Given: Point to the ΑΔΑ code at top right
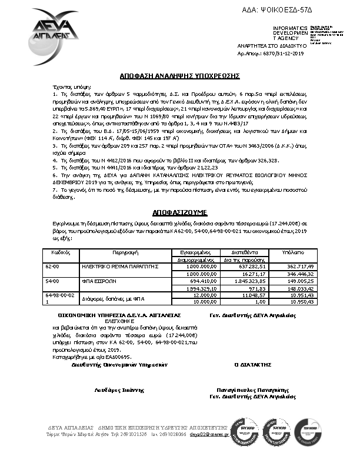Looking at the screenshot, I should tap(293, 11).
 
